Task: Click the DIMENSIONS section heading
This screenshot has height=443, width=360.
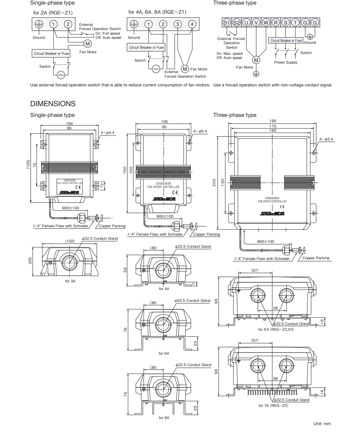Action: coord(53,104)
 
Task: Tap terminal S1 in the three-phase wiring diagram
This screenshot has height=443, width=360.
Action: coord(227,22)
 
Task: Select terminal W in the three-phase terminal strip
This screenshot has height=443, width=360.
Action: coord(266,22)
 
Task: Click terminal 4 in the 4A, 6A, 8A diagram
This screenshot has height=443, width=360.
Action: coord(192,24)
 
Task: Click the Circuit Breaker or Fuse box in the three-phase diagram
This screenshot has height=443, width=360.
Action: coord(286,40)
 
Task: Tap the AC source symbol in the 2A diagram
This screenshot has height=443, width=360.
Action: coord(61,75)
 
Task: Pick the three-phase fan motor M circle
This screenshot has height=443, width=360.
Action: coord(256,60)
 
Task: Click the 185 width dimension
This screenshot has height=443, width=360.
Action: coord(273,121)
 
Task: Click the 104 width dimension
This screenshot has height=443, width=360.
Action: coord(69,123)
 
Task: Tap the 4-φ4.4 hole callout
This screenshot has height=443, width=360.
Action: coord(108,133)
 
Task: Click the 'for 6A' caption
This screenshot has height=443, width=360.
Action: coord(164,354)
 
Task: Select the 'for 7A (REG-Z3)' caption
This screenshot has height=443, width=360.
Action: coord(273,406)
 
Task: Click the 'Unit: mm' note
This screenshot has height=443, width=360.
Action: coord(322,424)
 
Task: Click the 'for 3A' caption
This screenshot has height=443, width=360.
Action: coord(70,281)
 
